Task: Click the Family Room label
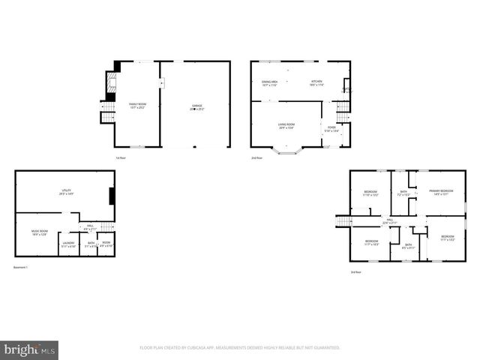click(137, 106)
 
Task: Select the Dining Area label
click(270, 83)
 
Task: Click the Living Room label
click(286, 126)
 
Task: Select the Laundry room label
click(68, 244)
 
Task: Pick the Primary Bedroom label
click(440, 193)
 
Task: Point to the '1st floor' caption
click(119, 158)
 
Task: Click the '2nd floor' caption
click(256, 158)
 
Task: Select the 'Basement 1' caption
click(21, 268)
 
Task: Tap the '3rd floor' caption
click(355, 271)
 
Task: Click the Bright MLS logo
click(30, 349)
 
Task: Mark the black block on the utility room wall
click(112, 196)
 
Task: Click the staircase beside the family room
click(106, 113)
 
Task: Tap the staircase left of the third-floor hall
click(343, 220)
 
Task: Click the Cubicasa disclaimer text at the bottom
click(240, 348)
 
